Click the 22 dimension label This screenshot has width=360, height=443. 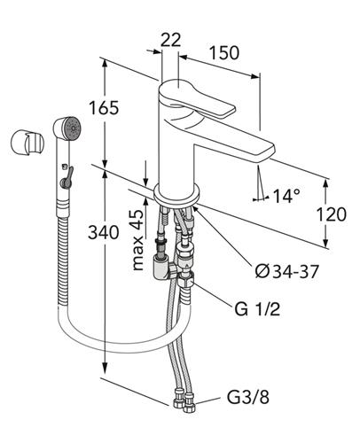pyautogui.click(x=170, y=40)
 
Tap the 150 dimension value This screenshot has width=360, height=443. pyautogui.click(x=224, y=53)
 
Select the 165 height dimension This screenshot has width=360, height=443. pyautogui.click(x=104, y=108)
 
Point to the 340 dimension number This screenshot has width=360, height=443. pyautogui.click(x=104, y=232)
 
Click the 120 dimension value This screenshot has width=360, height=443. pyautogui.click(x=332, y=214)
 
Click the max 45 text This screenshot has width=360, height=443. pyautogui.click(x=137, y=240)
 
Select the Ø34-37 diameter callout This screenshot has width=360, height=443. pyautogui.click(x=287, y=271)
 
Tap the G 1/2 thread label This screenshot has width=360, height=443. pyautogui.click(x=257, y=309)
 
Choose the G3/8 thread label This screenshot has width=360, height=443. pyautogui.click(x=248, y=397)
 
